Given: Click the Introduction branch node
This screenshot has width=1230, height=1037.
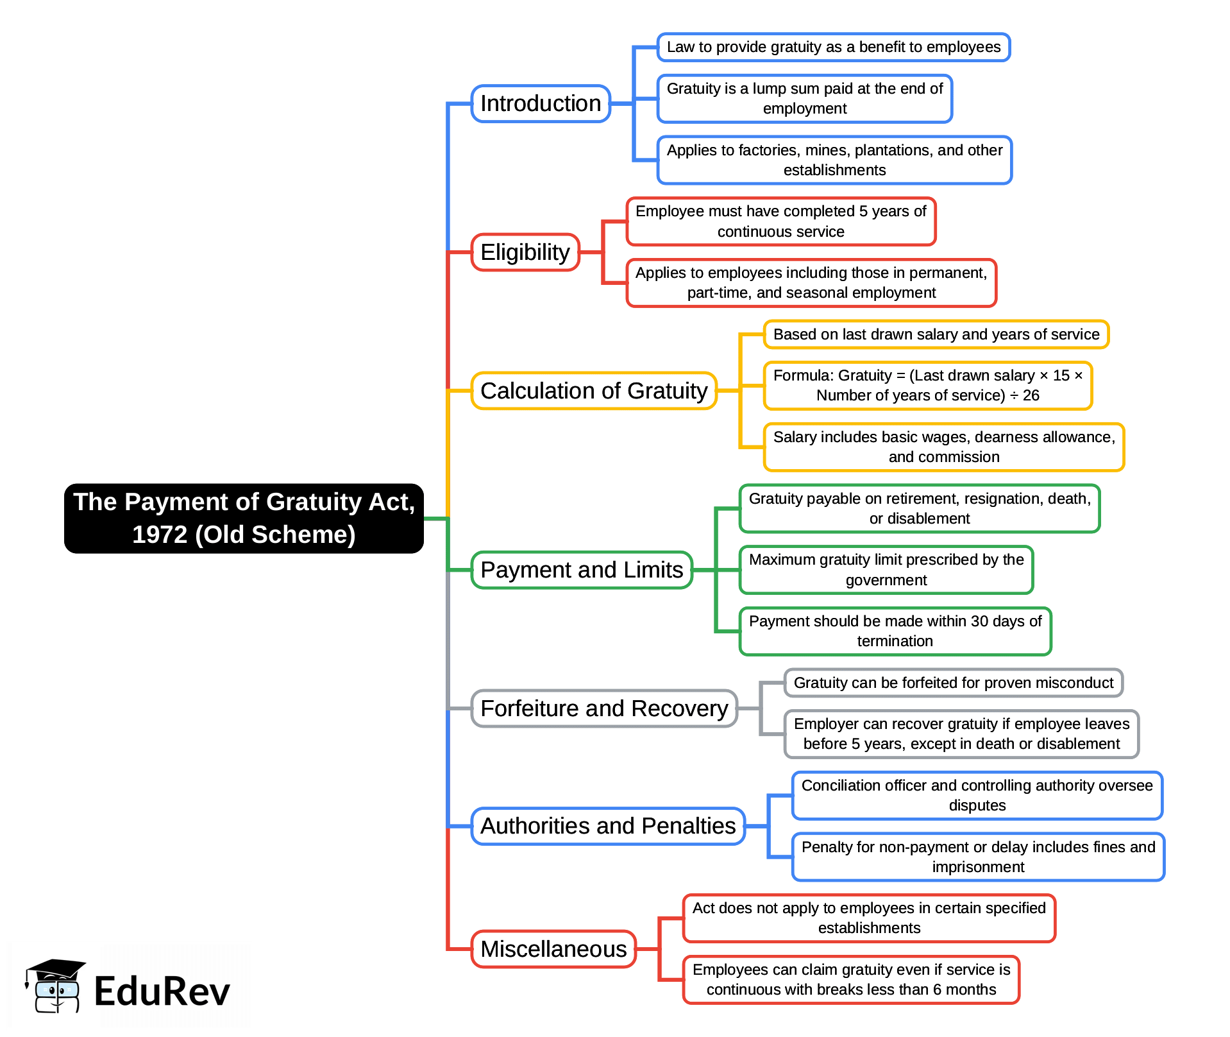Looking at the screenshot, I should pos(541,104).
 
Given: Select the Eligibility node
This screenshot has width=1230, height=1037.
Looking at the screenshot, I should pos(525,252).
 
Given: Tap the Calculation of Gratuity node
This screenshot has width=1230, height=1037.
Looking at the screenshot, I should pos(594,391).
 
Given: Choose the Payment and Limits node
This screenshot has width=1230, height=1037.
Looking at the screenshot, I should pos(582,570).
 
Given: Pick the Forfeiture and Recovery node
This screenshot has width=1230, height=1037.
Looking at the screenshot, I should pos(604,708).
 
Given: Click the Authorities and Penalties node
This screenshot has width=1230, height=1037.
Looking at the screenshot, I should pos(608,826).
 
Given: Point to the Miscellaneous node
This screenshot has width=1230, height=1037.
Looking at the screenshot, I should pos(553,949).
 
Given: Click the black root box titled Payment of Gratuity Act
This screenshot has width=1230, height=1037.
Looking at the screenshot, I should pos(244,518).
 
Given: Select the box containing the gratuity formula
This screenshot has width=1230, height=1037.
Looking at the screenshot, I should pos(927,386).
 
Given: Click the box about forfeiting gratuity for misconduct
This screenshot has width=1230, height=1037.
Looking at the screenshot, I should pos(953,683).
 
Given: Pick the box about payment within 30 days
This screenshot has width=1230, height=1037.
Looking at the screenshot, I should pos(895,631).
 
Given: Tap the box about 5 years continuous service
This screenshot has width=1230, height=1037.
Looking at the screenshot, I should pos(780,221).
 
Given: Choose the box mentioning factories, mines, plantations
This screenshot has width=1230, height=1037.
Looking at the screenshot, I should pos(834,160).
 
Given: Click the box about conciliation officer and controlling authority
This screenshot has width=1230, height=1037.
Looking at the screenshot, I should pos(977,796).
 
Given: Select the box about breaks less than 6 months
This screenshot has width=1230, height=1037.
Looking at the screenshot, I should pos(851,980).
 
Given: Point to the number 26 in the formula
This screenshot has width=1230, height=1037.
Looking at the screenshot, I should pos(1031,396).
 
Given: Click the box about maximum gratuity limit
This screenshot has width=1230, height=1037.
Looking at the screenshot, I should pos(886,570).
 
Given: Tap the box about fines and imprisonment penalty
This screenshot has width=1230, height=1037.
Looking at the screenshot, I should pos(978,857).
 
